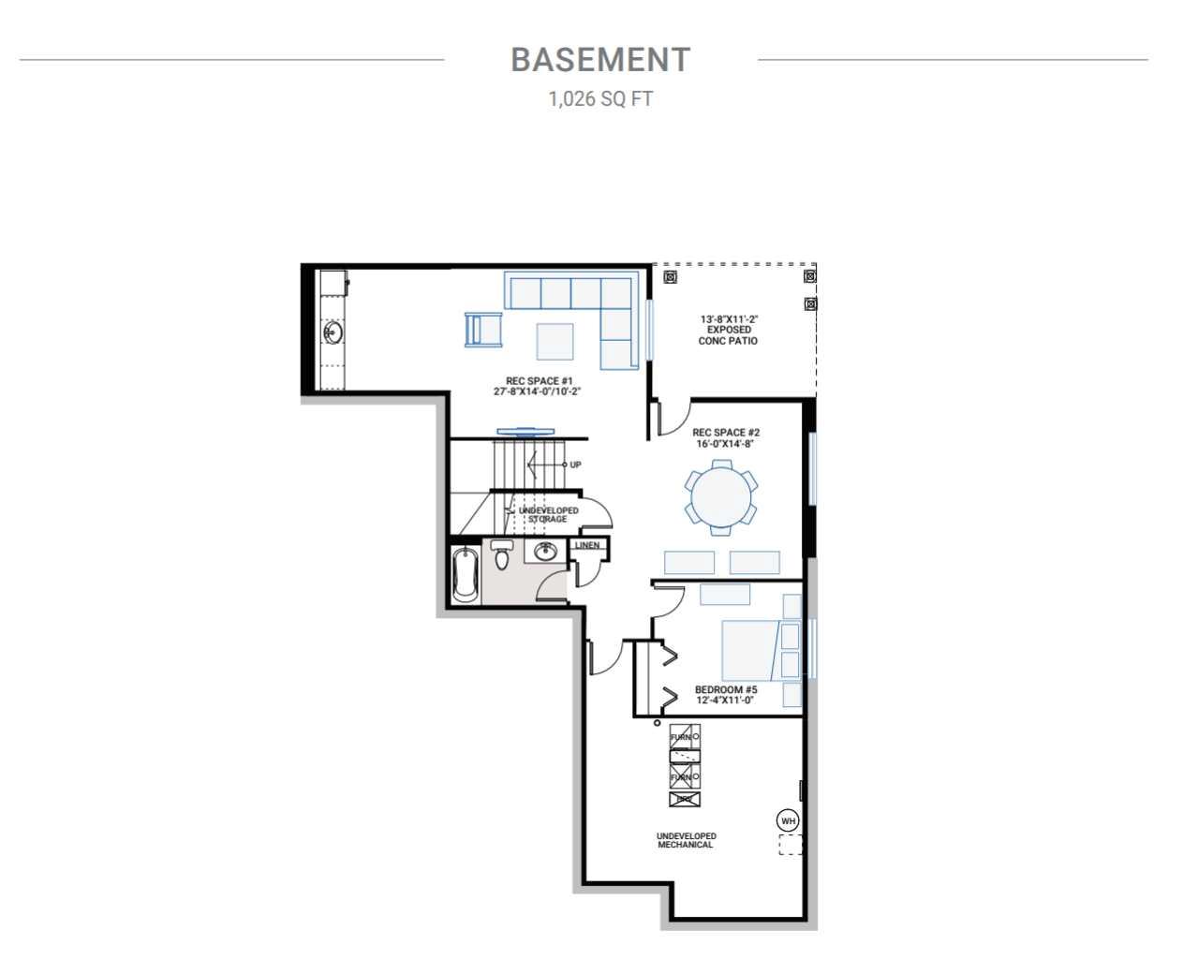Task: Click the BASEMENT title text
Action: point(600,59)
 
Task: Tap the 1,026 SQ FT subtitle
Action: point(600,98)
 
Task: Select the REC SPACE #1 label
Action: point(539,386)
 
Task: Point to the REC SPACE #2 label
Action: point(725,438)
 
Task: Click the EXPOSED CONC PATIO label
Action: point(728,330)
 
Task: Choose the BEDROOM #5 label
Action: point(725,695)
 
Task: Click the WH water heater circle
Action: point(789,820)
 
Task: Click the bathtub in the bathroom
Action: point(465,575)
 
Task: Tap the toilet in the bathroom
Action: point(502,556)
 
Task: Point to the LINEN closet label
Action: point(587,545)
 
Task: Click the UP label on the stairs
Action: point(575,465)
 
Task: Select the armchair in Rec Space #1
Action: point(483,330)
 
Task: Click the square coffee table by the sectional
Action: point(555,341)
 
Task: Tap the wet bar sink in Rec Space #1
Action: point(333,332)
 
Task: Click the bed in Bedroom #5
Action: point(749,650)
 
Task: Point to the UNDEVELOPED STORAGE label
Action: point(548,514)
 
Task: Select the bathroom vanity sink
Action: point(543,552)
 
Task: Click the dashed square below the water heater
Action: point(791,845)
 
